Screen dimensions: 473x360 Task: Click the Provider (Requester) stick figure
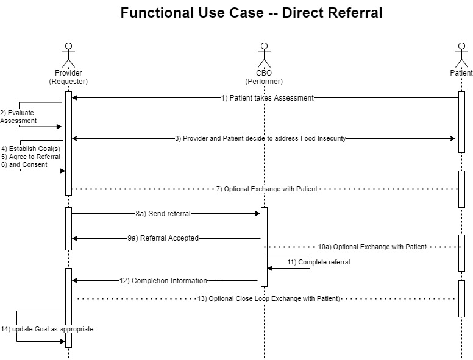tap(68, 55)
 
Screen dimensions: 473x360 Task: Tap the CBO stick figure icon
tap(264, 55)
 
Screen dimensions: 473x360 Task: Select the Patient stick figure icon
tap(461, 55)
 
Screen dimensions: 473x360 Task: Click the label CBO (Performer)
tap(264, 77)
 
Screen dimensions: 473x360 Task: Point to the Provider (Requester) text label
tap(68, 77)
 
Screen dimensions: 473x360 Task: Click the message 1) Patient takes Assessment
tap(267, 98)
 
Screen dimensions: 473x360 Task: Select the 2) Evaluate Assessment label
tap(18, 117)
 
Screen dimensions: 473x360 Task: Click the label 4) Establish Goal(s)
tap(30, 149)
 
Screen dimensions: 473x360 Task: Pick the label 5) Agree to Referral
tap(30, 157)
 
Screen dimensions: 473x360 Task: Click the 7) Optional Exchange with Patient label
tap(266, 189)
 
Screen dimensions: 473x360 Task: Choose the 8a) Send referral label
tap(163, 214)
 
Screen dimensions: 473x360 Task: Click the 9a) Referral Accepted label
tap(163, 238)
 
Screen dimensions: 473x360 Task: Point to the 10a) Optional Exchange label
tap(372, 247)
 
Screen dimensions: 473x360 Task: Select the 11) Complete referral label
tap(319, 262)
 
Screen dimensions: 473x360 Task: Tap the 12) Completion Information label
tap(163, 281)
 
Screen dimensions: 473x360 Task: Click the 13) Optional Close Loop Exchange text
tap(269, 298)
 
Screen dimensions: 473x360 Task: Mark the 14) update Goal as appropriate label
tap(47, 329)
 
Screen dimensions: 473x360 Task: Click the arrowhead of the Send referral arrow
tap(258, 214)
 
